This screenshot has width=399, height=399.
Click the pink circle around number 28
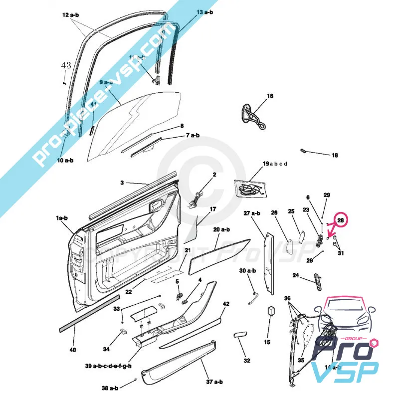pos(341,220)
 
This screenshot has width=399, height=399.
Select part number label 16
pos(270,95)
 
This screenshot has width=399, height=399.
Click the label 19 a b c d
pos(275,164)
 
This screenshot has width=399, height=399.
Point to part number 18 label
pos(335,156)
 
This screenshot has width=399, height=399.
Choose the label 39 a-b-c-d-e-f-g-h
pos(108,366)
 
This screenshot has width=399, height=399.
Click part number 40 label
pos(73,350)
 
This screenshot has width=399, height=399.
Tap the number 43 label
pos(66,65)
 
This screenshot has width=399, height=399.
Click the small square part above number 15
pos(272,310)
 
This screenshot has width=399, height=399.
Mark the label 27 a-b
pos(252,213)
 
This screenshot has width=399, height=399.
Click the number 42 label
pos(225,304)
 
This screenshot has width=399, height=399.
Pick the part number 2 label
pos(214,175)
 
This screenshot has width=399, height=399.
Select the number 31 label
pos(341,253)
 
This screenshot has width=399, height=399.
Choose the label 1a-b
pos(62,218)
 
